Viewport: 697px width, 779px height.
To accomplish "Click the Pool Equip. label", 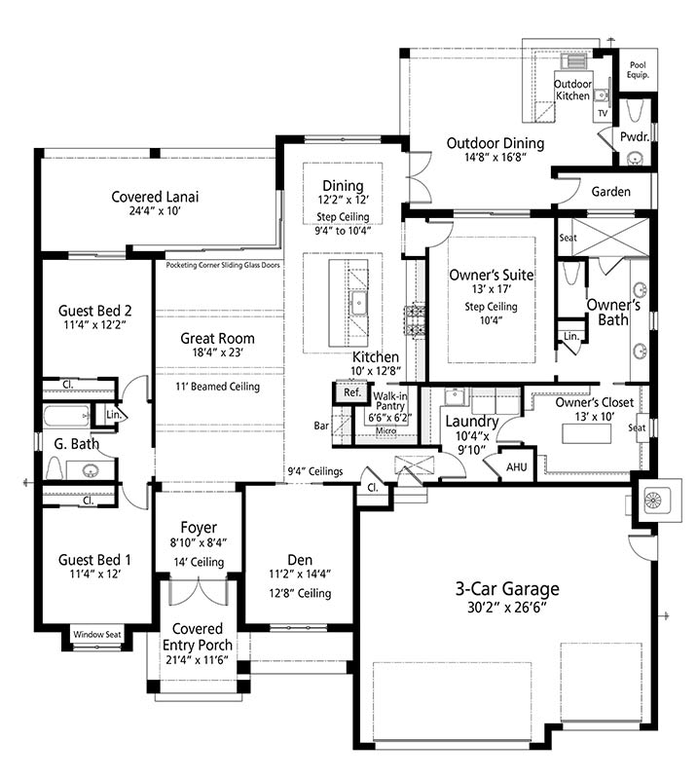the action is point(638,70).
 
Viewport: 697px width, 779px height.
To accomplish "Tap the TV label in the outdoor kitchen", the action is point(603,113).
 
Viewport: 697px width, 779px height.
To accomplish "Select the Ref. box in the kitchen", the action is point(352,392).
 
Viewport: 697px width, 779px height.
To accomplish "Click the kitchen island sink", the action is point(358,304).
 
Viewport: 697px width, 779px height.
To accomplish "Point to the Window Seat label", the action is point(97,635).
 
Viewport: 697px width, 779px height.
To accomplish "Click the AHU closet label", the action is point(517,467).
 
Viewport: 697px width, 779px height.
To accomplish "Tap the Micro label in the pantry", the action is point(386,430).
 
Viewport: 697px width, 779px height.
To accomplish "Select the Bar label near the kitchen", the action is point(321,426).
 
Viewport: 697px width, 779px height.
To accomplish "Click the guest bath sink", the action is point(90,469).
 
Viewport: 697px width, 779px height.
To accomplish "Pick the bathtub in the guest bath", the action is point(66,417).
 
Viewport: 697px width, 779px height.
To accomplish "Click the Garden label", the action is point(611,192).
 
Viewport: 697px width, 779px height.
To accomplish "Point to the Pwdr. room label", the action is point(635,136).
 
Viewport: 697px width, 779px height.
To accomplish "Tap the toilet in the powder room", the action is point(636,111).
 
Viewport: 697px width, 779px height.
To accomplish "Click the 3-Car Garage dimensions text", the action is point(507,607).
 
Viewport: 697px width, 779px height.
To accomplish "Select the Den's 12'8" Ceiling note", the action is point(300,593).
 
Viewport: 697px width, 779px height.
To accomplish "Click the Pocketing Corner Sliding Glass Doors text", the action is point(223,265).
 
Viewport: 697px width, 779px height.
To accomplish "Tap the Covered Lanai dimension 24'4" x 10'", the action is point(155,210).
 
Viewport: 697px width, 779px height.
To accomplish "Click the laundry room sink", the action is point(454,396).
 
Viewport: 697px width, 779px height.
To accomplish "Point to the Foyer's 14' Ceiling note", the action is point(199,562).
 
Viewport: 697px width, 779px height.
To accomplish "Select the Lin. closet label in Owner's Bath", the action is point(571,336).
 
